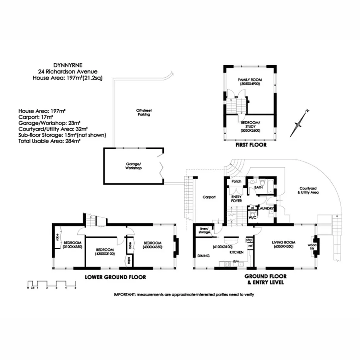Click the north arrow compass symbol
[x=300, y=124]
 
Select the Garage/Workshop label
[x=133, y=166]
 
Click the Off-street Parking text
[x=143, y=112]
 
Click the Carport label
[x=209, y=197]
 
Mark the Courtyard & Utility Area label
[x=309, y=190]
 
